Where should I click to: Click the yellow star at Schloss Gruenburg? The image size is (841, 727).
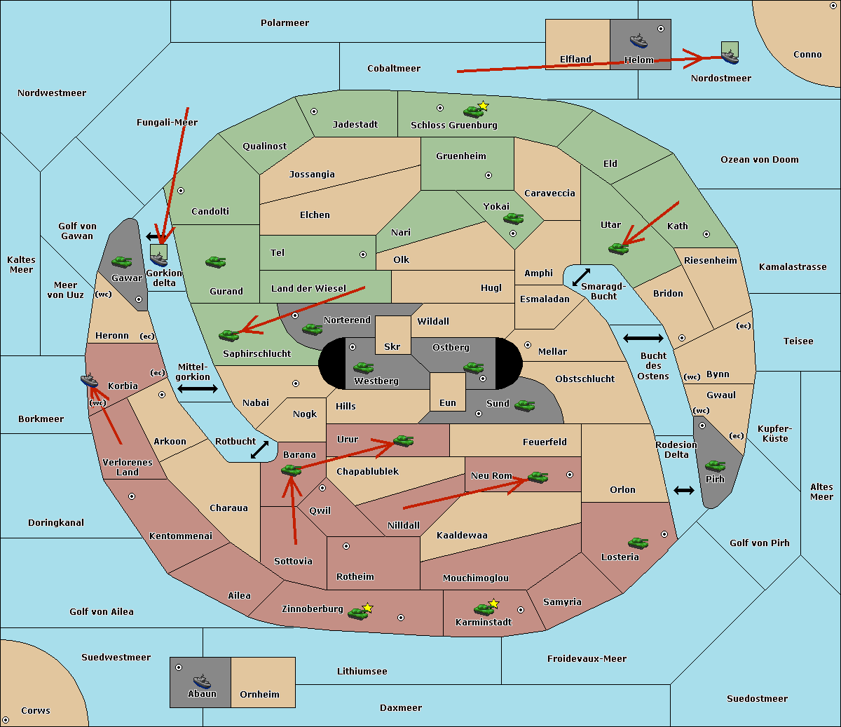[x=483, y=106]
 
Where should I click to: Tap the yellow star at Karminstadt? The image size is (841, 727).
[x=494, y=604]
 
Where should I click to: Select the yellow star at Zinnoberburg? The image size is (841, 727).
[x=368, y=608]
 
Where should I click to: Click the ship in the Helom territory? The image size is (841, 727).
[x=638, y=41]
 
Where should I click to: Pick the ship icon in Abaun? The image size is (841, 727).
[x=202, y=681]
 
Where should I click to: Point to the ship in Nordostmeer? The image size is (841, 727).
[x=730, y=54]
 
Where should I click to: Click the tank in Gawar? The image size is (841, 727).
[x=122, y=262]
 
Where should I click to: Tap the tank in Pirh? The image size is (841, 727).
[x=716, y=466]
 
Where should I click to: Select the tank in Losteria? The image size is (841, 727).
[x=638, y=543]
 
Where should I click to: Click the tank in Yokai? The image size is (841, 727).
[x=514, y=219]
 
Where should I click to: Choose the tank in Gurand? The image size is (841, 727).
[x=215, y=262]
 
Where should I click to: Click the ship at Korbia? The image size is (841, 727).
[x=90, y=381]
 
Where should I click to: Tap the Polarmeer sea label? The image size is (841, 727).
[x=285, y=23]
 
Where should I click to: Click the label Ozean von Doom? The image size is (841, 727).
[x=759, y=160]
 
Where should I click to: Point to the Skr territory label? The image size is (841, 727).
[x=392, y=346]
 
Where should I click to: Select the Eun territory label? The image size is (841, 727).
[x=448, y=403]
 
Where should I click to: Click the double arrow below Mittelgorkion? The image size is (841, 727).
[x=198, y=389]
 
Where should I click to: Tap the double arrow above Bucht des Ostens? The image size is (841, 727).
[x=643, y=339]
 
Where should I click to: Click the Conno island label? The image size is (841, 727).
[x=807, y=55]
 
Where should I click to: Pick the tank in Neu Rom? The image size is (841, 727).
[x=538, y=477]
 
